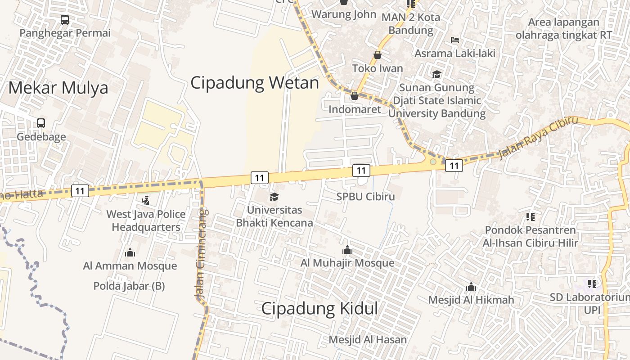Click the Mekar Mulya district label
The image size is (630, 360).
coord(58,87)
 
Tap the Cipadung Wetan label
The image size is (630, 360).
coord(255,83)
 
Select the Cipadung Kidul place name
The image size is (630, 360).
coord(319,309)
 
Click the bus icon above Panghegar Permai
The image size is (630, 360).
coord(65,20)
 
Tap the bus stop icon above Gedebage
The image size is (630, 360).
coord(41,123)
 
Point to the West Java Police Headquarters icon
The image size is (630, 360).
coord(145,200)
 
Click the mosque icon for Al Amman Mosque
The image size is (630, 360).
coord(130,252)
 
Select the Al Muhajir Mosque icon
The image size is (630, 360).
coord(347,250)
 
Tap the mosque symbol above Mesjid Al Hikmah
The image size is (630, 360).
coord(471,287)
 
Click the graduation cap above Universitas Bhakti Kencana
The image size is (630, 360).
coord(274,197)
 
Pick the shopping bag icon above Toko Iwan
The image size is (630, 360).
coord(378,55)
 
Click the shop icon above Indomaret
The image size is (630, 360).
coord(355,96)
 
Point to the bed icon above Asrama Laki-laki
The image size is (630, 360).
coord(455,40)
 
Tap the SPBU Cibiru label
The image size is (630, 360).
coord(365,197)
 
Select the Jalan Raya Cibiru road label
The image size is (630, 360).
coord(538,137)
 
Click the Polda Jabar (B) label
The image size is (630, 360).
coord(129,286)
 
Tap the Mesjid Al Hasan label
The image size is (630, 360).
coord(368,339)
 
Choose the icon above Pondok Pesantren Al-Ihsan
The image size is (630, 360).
coord(531,217)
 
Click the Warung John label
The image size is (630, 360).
coord(344,14)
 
